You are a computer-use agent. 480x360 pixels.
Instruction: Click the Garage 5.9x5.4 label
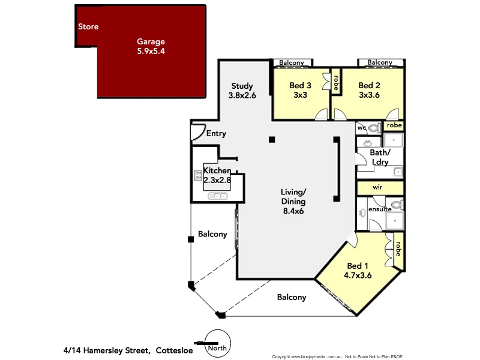[x=151, y=46]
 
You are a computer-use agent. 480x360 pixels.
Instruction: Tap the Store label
[x=88, y=26]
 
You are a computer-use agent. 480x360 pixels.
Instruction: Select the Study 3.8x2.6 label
[x=241, y=90]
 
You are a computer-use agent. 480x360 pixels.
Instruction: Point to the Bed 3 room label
[x=300, y=90]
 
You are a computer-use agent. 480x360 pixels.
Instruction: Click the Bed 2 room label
[x=370, y=90]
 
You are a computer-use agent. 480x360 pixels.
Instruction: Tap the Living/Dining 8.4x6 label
[x=293, y=202]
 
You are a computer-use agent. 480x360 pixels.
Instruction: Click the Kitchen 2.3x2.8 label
[x=217, y=175]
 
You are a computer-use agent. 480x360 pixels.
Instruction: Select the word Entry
[x=216, y=133]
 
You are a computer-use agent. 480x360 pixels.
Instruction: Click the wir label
[x=377, y=187]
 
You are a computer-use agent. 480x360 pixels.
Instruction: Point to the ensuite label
[x=380, y=209]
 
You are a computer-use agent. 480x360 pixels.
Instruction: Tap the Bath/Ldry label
[x=379, y=157]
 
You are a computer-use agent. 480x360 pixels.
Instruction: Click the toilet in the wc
[x=374, y=128]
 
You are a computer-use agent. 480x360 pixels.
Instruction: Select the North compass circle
[x=217, y=342]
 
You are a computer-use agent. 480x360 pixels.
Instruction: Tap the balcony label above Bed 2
[x=379, y=62]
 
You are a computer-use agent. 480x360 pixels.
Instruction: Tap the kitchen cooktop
[x=198, y=175]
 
